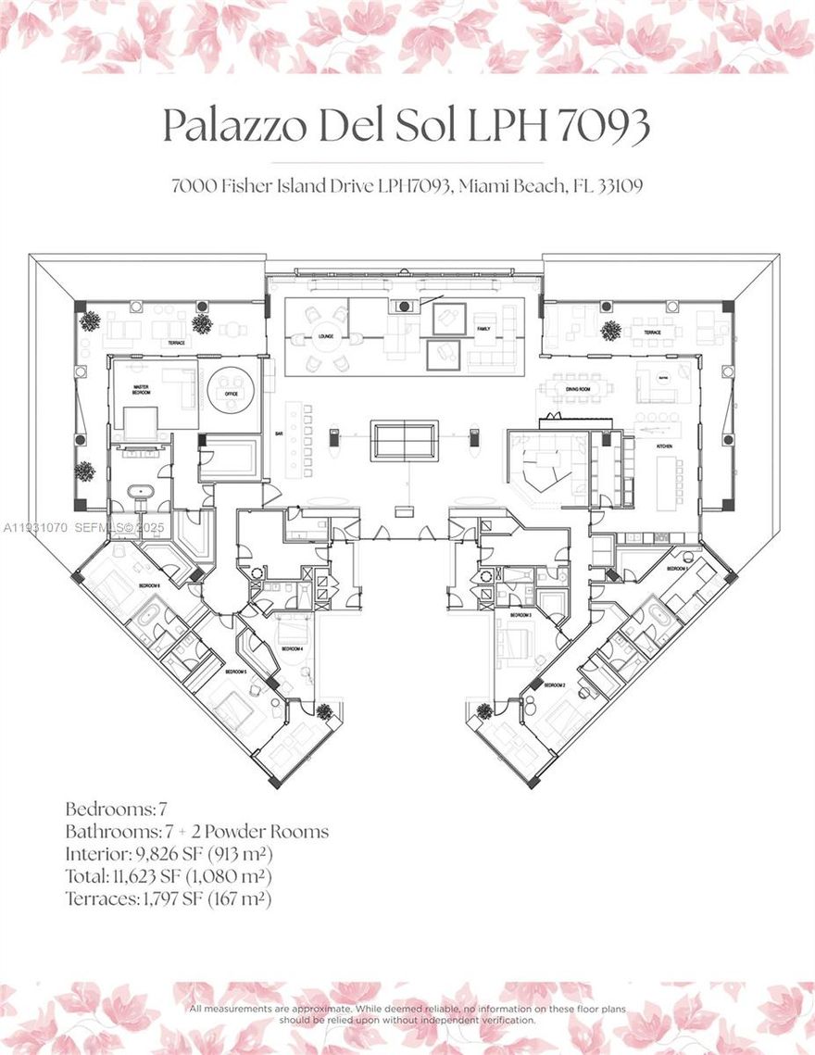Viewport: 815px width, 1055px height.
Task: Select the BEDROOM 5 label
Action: [235, 670]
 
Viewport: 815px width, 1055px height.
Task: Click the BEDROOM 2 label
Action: [556, 684]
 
